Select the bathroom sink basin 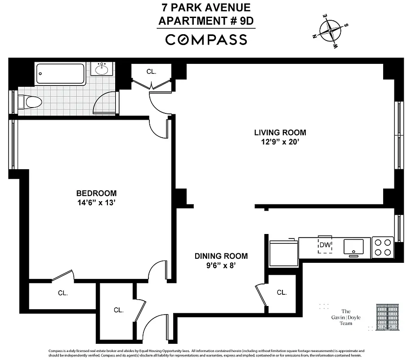pos(102,70)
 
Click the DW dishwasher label pos(325,245)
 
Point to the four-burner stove pos(383,247)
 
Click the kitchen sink pos(353,247)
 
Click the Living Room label pos(280,132)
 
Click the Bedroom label pos(96,193)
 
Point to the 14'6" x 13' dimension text pos(96,202)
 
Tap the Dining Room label pos(221,256)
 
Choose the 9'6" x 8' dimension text pos(221,265)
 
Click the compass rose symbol pos(330,31)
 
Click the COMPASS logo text pos(206,40)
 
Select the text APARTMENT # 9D pos(206,21)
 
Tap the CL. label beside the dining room pos(281,292)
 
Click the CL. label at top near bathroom pos(152,71)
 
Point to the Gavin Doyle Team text pos(346,317)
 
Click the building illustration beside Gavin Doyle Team pos(388,317)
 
